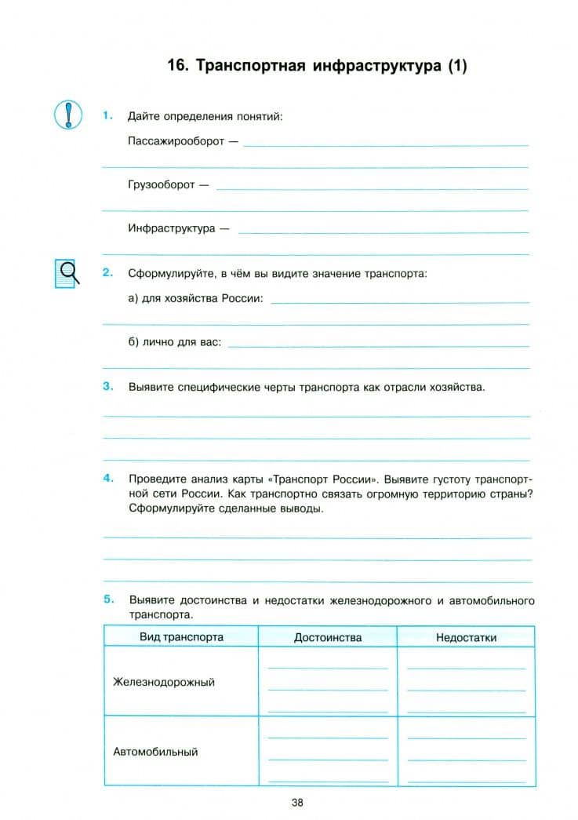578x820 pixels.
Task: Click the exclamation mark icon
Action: click(68, 115)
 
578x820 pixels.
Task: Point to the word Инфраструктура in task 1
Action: click(171, 229)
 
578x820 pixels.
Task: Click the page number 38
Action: click(297, 802)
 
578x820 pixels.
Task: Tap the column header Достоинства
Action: click(328, 637)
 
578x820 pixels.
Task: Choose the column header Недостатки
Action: click(466, 637)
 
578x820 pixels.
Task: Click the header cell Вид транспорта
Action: click(181, 636)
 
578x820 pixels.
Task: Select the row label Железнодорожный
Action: click(164, 682)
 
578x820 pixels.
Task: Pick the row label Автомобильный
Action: click(155, 752)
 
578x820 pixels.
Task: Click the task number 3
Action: click(107, 386)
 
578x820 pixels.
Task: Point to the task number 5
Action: click(107, 600)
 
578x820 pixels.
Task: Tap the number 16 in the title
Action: click(177, 67)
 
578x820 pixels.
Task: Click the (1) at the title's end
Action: click(456, 67)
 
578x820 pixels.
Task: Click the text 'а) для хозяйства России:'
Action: click(195, 299)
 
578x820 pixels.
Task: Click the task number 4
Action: click(107, 477)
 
